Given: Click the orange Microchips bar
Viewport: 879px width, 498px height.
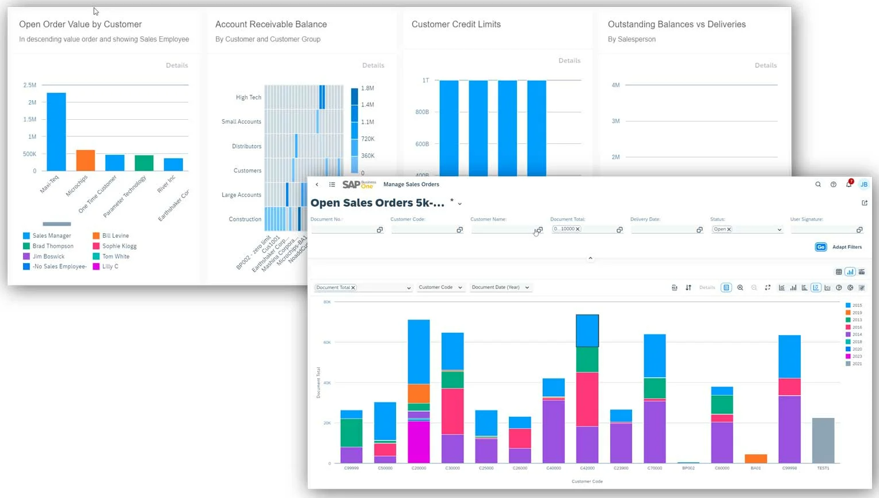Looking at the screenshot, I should pos(85,160).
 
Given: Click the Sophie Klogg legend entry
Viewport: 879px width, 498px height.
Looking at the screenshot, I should pos(119,246).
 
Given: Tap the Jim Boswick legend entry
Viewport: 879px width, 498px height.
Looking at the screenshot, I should pos(48,256).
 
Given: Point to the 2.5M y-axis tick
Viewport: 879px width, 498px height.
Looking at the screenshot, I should pos(29,85).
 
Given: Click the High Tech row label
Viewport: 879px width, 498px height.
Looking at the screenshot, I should pos(248,97).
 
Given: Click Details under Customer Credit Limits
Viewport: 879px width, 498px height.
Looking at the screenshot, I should pos(569,60).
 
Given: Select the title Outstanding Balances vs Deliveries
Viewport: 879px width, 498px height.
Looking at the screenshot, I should pos(676,24).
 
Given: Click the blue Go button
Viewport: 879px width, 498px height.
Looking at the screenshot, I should pos(820,247).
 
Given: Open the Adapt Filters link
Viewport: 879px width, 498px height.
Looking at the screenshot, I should pos(847,247).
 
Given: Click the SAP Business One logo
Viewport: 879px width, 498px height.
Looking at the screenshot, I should pos(359,184).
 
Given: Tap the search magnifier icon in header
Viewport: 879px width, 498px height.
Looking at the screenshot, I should pos(818,184).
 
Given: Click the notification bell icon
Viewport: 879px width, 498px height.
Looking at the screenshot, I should pos(848,184).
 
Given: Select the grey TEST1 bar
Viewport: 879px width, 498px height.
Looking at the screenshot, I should pos(823,440).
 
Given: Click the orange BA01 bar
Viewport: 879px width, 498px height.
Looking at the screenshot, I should pos(756,459).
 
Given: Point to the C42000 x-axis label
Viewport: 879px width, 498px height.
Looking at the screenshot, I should pos(587,468).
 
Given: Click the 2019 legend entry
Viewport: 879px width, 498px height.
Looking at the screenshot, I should pos(857,313).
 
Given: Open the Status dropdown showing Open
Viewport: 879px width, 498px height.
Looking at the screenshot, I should pos(747,229).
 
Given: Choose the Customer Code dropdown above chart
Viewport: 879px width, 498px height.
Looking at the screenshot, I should pos(440,287).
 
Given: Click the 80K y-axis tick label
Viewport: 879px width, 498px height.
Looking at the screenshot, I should pos(327,302).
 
